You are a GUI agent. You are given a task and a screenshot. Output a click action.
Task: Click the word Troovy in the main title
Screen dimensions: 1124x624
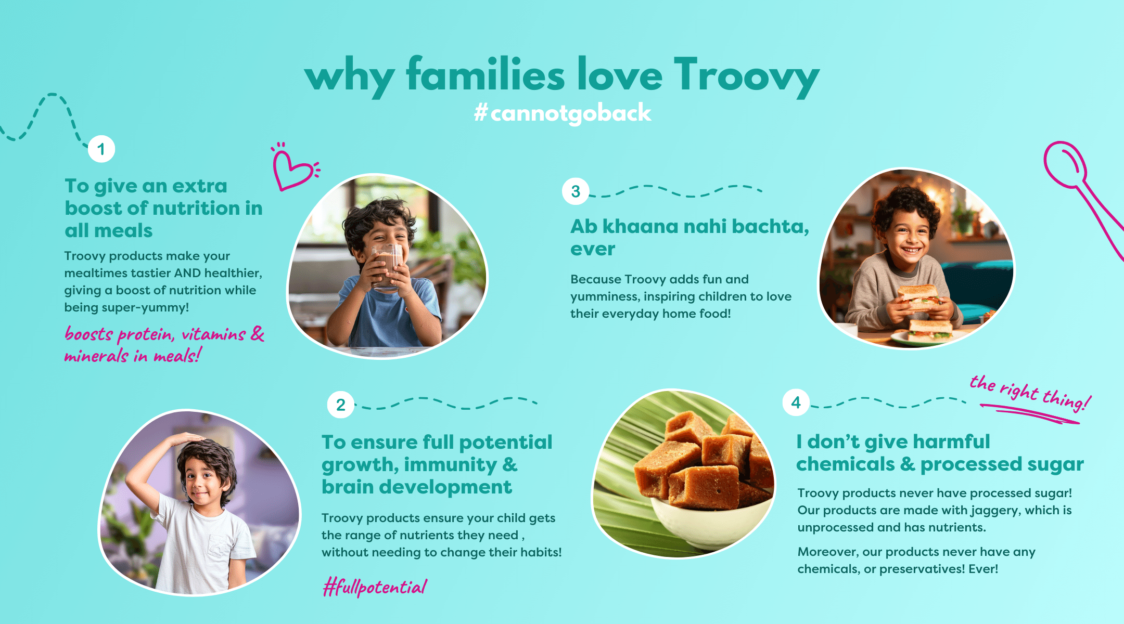coord(747,77)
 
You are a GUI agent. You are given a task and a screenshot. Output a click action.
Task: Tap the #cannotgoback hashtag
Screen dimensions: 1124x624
coord(563,113)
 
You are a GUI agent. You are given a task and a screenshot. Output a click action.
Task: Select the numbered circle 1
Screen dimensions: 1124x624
coord(101,149)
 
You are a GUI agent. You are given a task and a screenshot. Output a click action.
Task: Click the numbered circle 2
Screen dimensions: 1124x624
coord(341,405)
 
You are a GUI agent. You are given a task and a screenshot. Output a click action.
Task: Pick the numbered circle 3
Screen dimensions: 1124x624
coord(576,191)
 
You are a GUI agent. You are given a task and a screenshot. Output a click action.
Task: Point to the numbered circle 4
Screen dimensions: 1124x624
coord(796,402)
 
